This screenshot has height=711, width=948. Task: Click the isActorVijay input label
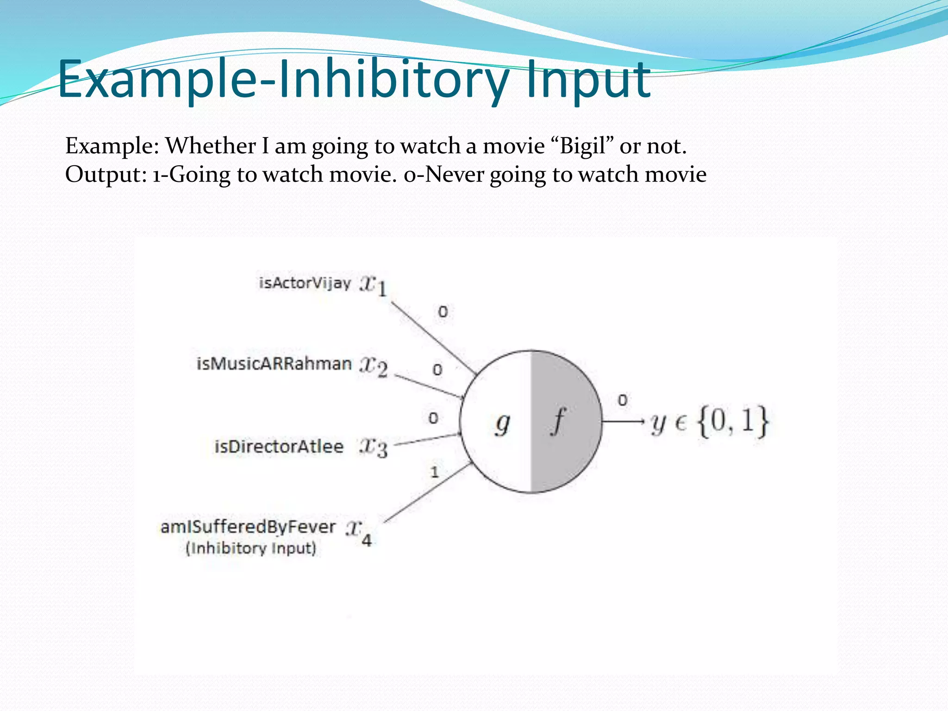click(x=305, y=282)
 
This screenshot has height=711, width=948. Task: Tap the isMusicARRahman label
click(x=274, y=364)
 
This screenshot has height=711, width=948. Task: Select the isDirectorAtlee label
click(x=279, y=447)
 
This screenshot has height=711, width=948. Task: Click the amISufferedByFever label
click(x=248, y=527)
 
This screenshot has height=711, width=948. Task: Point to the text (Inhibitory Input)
click(x=251, y=548)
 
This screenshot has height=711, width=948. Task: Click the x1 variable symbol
click(x=373, y=285)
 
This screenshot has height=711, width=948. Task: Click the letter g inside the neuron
click(x=502, y=424)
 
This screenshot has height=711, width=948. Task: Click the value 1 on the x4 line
click(x=434, y=472)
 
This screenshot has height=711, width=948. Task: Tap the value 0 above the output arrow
click(x=623, y=400)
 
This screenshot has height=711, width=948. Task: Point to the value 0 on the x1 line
click(x=443, y=312)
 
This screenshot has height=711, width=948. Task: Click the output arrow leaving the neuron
click(x=623, y=421)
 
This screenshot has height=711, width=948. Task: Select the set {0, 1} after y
click(x=733, y=421)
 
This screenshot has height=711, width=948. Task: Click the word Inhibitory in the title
click(x=398, y=80)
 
